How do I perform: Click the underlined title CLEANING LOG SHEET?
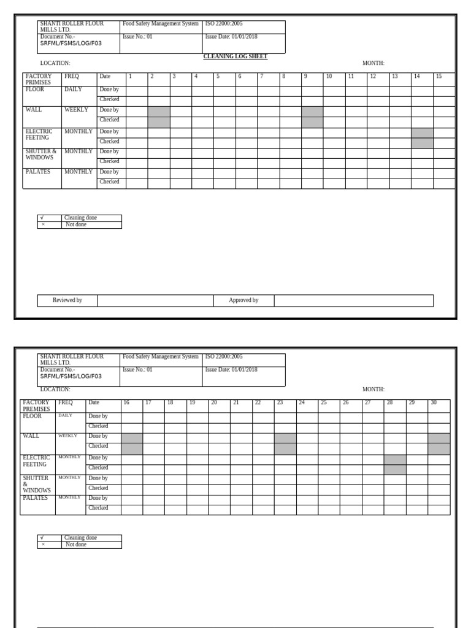coord(235,56)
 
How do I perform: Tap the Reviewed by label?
coord(67,301)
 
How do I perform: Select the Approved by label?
coord(243,301)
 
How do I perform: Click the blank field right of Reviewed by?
coord(155,301)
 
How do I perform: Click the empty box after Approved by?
coord(353,301)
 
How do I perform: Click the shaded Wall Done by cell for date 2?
coord(159,111)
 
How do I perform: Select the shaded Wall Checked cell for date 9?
coord(312,122)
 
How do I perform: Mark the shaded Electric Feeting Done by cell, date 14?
coord(422,133)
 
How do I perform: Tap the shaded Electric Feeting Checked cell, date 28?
coord(395,469)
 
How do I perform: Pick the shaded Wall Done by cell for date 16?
coord(132,438)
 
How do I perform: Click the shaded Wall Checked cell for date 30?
coord(438,448)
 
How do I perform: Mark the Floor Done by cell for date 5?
coord(224,91)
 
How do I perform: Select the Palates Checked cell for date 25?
coord(329,510)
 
